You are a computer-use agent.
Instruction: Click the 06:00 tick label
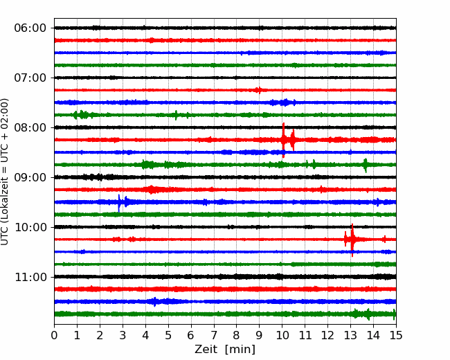30,28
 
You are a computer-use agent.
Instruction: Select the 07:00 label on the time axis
30,78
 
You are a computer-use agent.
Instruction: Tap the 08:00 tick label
30,127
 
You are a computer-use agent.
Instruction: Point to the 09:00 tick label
30,177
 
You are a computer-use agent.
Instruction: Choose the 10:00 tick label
30,227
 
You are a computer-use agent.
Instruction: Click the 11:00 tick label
30,277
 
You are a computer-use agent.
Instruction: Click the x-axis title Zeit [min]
225,350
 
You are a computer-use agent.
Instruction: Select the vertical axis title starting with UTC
5,172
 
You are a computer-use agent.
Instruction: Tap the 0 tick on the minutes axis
54,335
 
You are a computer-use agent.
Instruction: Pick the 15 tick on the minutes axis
396,335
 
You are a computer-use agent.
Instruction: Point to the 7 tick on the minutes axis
214,335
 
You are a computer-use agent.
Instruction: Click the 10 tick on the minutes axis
282,335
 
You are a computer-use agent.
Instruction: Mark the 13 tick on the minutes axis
350,335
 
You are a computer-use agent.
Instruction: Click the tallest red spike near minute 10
283,140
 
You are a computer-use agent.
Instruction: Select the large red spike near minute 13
352,240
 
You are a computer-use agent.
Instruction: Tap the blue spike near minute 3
119,203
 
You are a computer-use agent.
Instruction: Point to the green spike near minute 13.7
366,165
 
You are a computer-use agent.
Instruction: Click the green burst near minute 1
82,115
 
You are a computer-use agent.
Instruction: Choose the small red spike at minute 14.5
384,239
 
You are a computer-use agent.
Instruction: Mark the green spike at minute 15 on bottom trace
394,314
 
